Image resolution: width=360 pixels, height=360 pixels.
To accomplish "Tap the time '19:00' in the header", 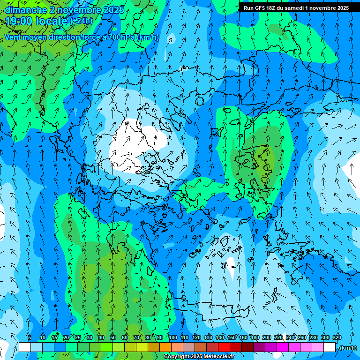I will [x=19, y=21].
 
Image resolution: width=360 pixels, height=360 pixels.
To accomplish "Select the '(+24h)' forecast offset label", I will [x=81, y=21].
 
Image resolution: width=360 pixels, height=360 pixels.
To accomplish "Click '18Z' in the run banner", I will [x=274, y=8].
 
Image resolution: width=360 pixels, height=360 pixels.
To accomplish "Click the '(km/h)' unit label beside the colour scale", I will [x=348, y=348].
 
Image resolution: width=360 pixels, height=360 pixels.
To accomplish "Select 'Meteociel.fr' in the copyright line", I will [x=219, y=357].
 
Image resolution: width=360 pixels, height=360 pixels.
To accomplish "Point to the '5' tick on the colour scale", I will [x=30, y=337].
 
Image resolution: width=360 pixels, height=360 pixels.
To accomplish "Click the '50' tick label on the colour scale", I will [x=112, y=337].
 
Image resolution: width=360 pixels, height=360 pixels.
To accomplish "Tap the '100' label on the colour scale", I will [x=172, y=337].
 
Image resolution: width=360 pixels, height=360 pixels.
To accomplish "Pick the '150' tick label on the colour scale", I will [x=232, y=337].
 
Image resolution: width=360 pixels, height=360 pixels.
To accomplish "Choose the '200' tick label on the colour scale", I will [x=267, y=337].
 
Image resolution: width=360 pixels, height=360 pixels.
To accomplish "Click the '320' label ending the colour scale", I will [x=337, y=337].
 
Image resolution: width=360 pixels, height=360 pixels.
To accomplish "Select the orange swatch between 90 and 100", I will [x=165, y=347].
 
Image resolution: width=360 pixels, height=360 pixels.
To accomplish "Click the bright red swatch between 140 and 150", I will [x=224, y=347].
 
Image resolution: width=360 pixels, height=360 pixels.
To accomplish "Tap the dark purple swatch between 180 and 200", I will [x=259, y=347].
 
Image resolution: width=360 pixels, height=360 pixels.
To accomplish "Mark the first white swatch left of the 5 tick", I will [x=24, y=347].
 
